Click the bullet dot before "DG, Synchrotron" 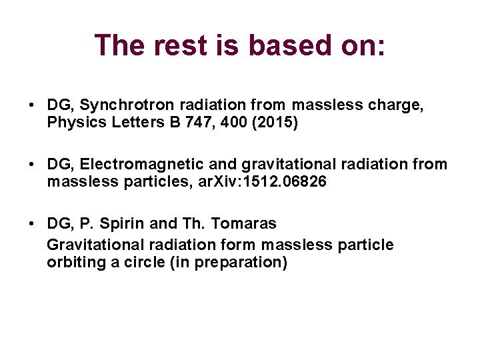click(32, 106)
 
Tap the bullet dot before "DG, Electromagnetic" click(32, 165)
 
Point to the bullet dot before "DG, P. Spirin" click(32, 224)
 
